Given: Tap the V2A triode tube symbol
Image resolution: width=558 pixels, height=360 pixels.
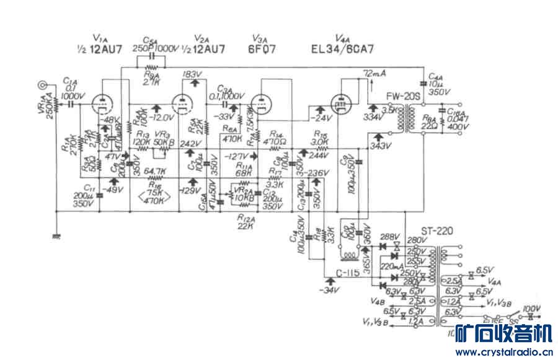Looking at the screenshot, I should tap(181, 103).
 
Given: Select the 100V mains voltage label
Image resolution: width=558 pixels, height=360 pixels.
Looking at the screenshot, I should tap(532, 308).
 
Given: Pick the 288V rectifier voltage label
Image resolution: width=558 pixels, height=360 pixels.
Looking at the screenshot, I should tap(390, 237).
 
